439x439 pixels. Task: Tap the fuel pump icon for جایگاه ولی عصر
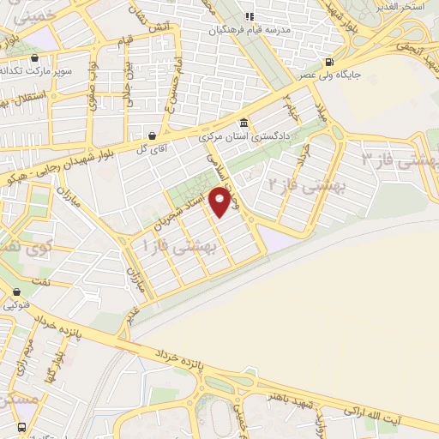331,62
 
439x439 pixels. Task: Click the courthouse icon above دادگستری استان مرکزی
244,122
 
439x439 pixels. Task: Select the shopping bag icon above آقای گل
152,135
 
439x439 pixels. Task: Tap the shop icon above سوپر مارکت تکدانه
34,57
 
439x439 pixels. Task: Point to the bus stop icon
21,426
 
